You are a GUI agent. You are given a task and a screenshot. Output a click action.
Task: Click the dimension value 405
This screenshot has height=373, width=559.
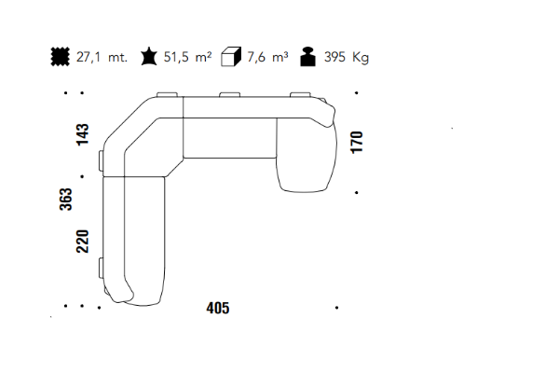pos(218,308)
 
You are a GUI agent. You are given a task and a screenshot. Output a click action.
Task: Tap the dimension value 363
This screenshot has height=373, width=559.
pos(65,200)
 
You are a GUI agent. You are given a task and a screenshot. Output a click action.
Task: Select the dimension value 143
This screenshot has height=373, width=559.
pos(82,134)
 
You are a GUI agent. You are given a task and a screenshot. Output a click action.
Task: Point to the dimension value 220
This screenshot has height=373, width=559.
pos(82,242)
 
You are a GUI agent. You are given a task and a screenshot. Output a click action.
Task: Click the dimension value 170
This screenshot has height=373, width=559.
pos(357,142)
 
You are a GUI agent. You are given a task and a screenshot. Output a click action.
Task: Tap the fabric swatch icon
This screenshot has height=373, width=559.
pos(61,56)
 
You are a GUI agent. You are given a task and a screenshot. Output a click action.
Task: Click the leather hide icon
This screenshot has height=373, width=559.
pos(149,56)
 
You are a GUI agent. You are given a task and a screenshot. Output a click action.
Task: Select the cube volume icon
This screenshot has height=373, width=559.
pos(231,56)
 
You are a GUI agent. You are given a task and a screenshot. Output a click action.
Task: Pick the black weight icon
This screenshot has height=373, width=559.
pos(308,56)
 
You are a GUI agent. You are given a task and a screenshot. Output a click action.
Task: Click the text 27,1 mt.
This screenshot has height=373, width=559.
pos(102,57)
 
